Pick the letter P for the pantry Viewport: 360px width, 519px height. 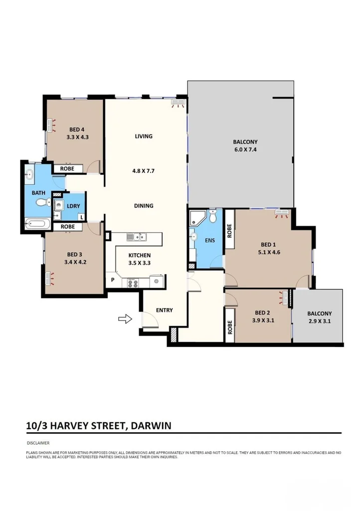113,280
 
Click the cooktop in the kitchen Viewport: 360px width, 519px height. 134,283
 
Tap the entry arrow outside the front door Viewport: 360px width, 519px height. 125,318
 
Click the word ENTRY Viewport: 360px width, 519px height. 164,310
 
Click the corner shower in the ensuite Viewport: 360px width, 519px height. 196,218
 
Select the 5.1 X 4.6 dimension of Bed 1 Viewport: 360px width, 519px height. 268,252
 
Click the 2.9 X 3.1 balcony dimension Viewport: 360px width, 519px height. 319,321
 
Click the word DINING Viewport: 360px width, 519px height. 143,205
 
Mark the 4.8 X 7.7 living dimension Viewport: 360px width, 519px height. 143,171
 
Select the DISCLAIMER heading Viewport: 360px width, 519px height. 38,442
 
